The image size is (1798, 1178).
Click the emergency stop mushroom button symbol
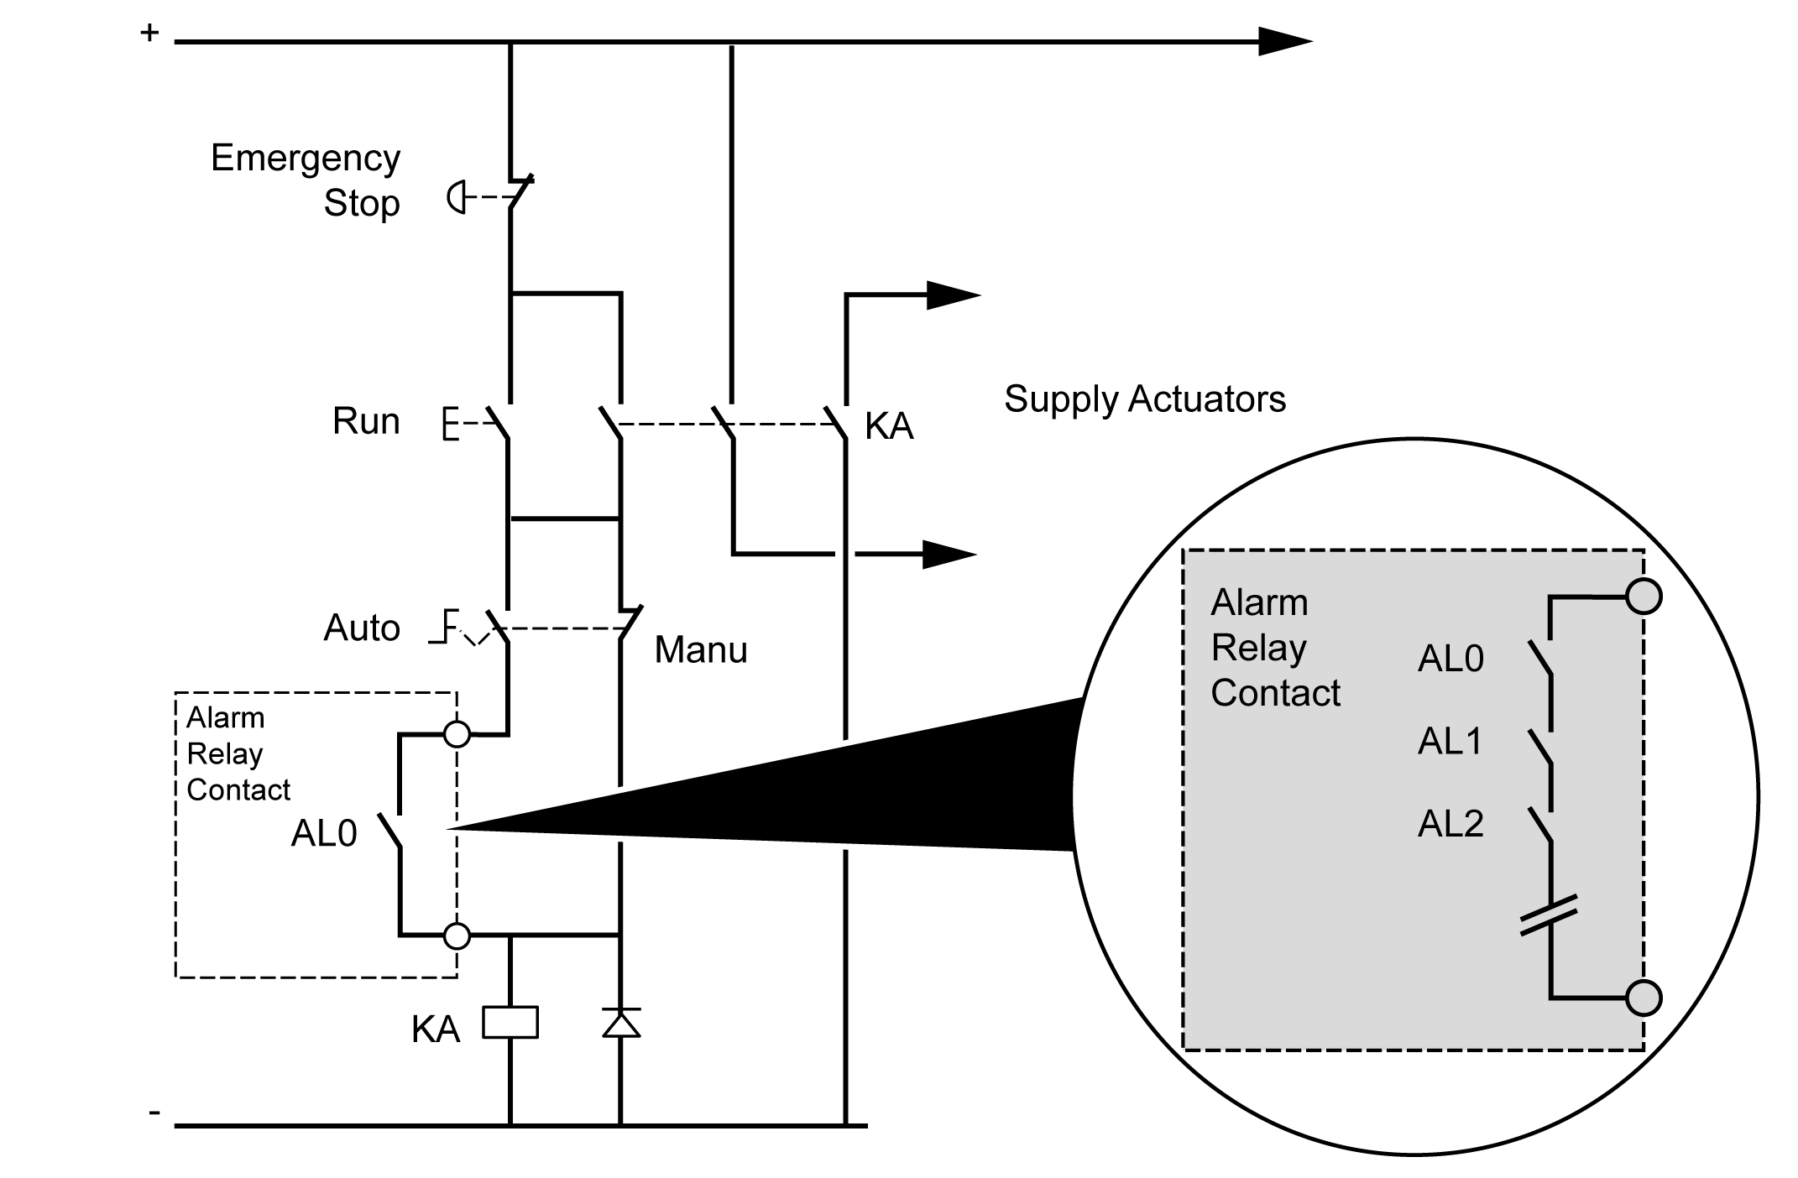(456, 197)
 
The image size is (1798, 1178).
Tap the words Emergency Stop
(306, 180)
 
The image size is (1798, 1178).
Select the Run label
(366, 421)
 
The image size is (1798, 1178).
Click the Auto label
(362, 628)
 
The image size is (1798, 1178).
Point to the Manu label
(701, 649)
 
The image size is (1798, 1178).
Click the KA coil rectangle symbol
(510, 1023)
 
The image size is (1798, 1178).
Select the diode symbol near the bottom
(621, 1023)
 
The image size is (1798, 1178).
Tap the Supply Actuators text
(1145, 399)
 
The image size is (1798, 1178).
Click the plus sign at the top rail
(149, 34)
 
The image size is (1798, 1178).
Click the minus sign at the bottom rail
(154, 1113)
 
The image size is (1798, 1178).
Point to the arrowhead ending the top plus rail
(1284, 41)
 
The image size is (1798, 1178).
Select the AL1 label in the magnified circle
(1450, 741)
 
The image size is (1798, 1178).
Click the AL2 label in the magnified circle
(1450, 823)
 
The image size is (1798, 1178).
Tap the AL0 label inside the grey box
(1450, 659)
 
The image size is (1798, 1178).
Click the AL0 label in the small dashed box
(324, 833)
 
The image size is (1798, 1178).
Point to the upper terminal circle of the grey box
(1643, 597)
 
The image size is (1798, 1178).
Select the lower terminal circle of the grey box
(1643, 998)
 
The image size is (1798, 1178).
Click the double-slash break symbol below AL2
(1549, 915)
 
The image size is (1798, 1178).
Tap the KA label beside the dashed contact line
(889, 426)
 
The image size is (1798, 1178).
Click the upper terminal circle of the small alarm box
(457, 734)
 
